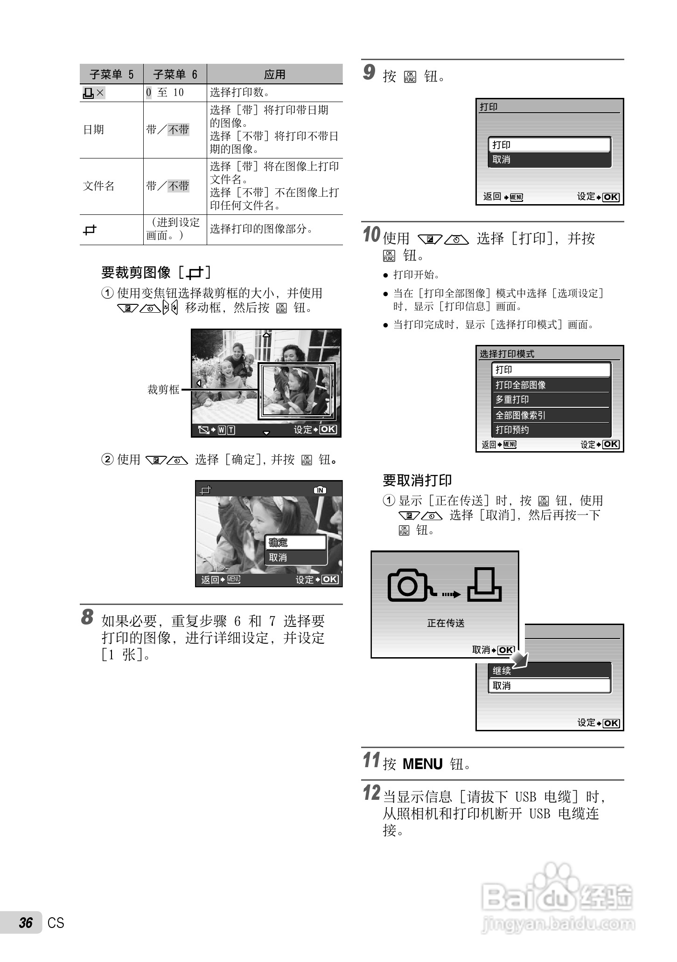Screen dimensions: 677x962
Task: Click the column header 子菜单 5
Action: point(112,75)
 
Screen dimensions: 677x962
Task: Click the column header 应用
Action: point(274,75)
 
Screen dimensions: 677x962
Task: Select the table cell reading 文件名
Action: point(99,186)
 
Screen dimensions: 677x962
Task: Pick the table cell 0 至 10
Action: point(165,92)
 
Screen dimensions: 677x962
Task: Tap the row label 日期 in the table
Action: point(93,130)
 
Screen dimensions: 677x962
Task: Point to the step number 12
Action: point(371,793)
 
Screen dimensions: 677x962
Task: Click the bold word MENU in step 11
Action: point(422,764)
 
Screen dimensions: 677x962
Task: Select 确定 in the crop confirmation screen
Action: point(279,543)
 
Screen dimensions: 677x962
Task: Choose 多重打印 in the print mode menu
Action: point(512,400)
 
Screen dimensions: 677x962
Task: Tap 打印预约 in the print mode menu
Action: point(512,430)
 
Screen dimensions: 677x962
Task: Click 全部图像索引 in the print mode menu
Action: point(521,415)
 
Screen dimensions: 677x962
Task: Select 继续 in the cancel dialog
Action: point(502,671)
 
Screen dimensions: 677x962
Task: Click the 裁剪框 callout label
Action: point(163,389)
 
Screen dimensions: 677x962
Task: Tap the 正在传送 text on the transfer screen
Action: point(446,623)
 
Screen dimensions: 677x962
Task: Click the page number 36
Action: point(26,923)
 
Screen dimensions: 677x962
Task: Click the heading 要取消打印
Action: point(417,480)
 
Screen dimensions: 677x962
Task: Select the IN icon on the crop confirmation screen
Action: point(320,490)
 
